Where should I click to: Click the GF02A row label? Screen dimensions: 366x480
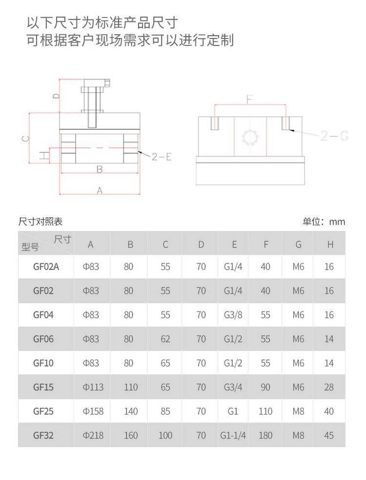point(46,267)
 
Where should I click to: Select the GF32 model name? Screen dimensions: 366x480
point(43,435)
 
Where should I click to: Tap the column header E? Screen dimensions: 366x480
point(234,244)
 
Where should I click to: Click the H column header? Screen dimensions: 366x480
point(330,244)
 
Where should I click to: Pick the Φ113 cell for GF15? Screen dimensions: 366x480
point(93,387)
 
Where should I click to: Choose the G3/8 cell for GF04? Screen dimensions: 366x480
point(233,315)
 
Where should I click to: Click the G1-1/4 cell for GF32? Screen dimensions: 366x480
point(233,435)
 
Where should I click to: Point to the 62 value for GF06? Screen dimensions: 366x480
point(165,339)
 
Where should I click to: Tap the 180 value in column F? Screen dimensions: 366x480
point(265,435)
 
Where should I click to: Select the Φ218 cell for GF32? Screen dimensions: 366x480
point(93,435)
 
